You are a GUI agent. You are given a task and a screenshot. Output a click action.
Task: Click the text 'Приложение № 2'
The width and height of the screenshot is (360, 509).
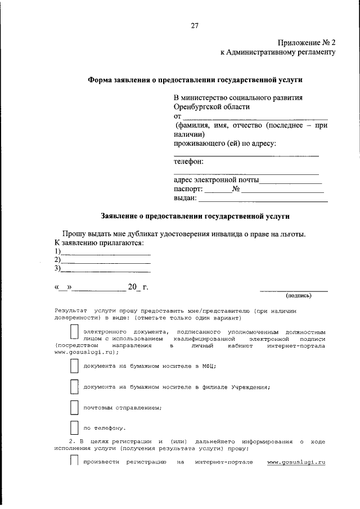(x=307, y=43)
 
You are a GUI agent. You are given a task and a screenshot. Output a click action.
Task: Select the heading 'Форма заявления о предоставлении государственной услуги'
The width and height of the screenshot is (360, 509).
(x=199, y=80)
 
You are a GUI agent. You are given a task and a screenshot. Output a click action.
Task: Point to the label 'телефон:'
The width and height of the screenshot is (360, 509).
(x=188, y=162)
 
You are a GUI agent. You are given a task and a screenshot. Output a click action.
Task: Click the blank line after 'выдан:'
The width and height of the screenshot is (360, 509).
(x=263, y=200)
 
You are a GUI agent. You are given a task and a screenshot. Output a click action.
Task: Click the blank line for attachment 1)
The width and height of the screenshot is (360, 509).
(x=105, y=254)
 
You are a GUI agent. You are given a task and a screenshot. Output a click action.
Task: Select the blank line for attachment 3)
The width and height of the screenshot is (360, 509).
(x=105, y=271)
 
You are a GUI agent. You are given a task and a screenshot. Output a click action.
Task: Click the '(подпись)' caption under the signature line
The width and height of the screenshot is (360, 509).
(x=298, y=295)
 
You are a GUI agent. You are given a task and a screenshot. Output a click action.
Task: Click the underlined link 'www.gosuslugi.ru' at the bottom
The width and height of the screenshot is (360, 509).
(x=296, y=462)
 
